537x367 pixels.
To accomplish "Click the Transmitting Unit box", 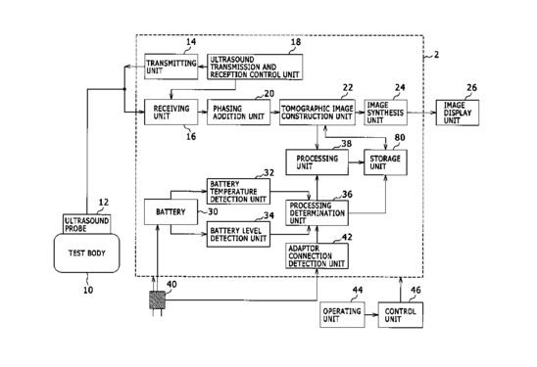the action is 171,67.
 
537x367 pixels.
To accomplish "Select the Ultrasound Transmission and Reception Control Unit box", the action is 255,67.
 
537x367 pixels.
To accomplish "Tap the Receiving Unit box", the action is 171,112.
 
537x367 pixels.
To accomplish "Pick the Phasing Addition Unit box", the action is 238,113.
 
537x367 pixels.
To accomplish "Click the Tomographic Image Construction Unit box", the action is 317,113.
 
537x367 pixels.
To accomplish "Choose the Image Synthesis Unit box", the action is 386,113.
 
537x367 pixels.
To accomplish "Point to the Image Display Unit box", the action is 458,113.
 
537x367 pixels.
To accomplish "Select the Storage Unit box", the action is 386,162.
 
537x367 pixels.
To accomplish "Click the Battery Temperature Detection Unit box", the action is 238,191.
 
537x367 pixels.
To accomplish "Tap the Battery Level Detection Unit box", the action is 238,234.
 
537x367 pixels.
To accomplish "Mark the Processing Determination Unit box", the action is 317,212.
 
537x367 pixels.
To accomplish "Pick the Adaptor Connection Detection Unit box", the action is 317,255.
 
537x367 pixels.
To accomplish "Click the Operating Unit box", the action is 342,315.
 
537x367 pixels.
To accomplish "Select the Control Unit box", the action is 401,315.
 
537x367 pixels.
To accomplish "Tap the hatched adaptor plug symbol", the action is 157,300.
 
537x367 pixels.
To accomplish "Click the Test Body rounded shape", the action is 86,253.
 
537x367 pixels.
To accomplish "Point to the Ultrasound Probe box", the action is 87,224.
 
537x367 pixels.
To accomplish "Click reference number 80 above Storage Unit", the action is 400,137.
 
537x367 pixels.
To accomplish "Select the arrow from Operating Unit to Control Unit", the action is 371,315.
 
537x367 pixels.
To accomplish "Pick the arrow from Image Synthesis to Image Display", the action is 421,113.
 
